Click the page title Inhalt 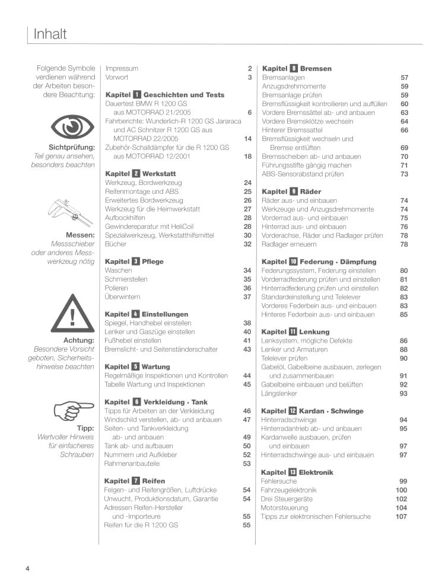tap(50, 34)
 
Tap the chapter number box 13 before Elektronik tap(293, 473)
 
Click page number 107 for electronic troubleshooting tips tap(401, 516)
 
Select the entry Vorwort tap(117, 77)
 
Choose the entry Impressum tap(122, 68)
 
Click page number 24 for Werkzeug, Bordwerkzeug tap(248, 183)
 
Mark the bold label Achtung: tap(79, 340)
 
